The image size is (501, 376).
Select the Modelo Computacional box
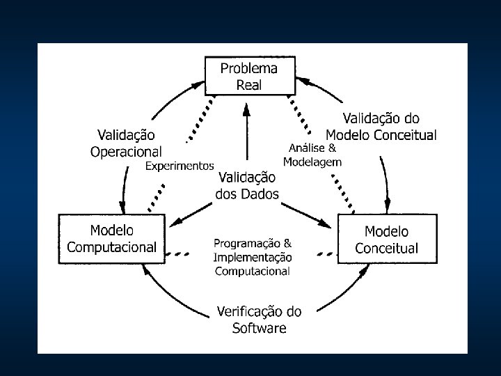111,238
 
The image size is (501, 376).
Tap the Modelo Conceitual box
387,239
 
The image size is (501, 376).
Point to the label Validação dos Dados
247,186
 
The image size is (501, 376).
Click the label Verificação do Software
259,319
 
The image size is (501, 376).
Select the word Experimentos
179,166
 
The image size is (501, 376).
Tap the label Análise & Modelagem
312,155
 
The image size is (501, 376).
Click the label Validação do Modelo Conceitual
381,127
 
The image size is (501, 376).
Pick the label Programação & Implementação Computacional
253,257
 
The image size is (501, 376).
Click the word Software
259,327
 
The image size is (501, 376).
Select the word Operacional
126,150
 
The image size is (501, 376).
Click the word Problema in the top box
248,68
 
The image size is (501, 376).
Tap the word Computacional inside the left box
111,246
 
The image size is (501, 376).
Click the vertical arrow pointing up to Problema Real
246,132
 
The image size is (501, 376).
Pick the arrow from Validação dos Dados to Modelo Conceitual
306,212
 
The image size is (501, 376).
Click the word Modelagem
312,162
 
